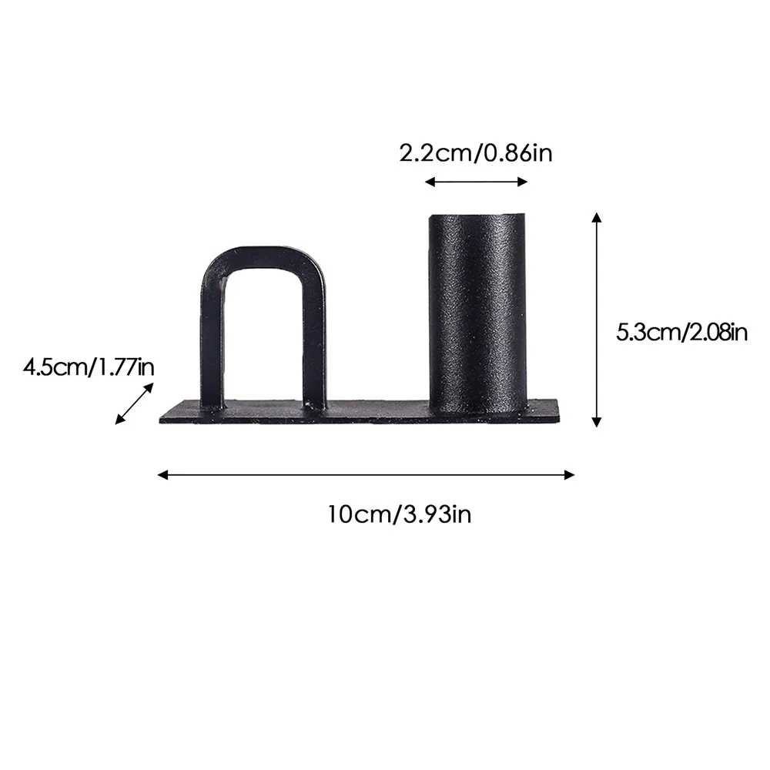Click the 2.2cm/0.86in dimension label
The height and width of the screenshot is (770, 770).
click(476, 153)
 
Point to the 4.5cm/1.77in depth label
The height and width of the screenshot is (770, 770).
click(89, 366)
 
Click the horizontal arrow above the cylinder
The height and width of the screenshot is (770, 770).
click(476, 182)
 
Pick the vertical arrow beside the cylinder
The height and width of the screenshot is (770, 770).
click(595, 320)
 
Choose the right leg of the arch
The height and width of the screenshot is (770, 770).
click(313, 339)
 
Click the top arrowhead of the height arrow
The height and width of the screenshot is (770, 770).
click(595, 218)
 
